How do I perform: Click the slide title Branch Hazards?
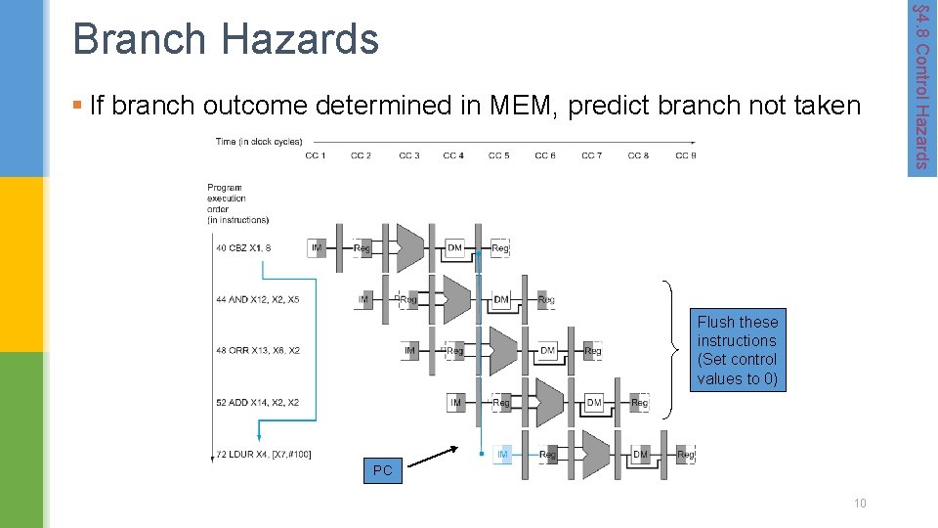[x=225, y=40]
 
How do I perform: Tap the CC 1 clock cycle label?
[x=316, y=155]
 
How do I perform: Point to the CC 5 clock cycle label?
[x=499, y=155]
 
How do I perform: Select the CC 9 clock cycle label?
[x=686, y=155]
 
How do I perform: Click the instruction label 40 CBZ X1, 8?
[x=242, y=248]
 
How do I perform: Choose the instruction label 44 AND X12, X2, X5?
[x=257, y=300]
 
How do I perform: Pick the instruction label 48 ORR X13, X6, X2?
[x=257, y=350]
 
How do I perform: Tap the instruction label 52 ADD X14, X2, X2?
[x=257, y=402]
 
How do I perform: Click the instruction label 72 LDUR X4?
[x=263, y=454]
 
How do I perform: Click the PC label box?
[x=382, y=470]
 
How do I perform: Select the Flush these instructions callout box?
[x=738, y=350]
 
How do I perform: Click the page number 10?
[x=860, y=503]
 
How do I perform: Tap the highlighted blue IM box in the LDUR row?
[x=503, y=455]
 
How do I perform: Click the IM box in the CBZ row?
[x=317, y=248]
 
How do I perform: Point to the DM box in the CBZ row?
[x=454, y=248]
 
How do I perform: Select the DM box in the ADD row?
[x=593, y=402]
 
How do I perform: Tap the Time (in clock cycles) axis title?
[x=258, y=142]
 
